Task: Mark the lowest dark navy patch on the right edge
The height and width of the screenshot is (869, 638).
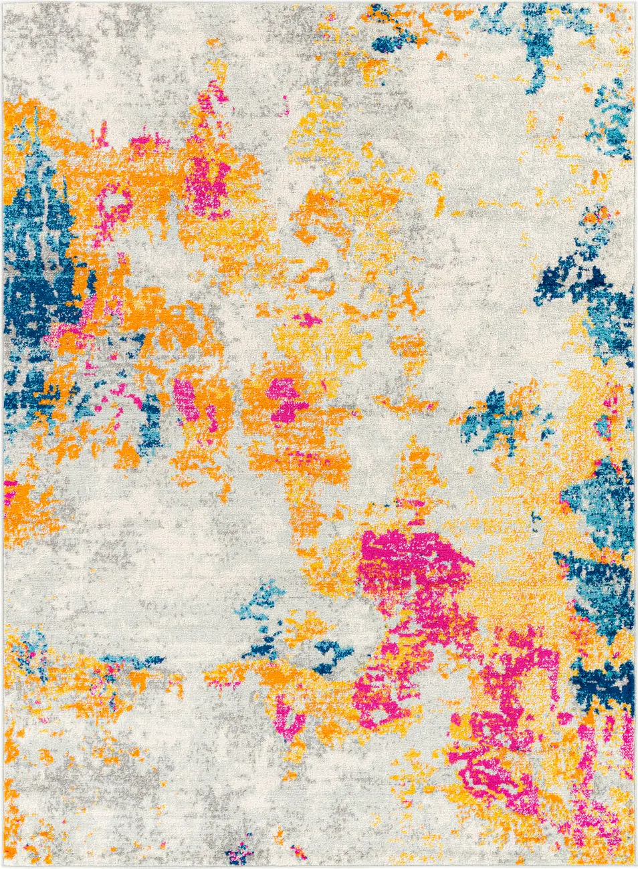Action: coord(605,689)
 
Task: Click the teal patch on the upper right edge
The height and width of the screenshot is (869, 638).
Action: coord(612,120)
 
